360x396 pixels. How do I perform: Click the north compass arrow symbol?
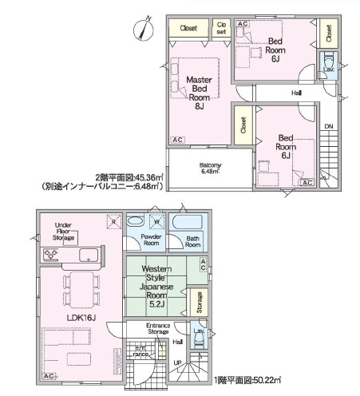point(144,28)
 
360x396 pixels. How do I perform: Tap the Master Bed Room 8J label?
point(197,92)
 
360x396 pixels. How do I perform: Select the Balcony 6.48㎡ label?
point(210,168)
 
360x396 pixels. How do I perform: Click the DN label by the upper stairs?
point(327,125)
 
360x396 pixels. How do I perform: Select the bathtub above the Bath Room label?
point(188,221)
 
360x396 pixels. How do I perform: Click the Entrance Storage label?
point(159,329)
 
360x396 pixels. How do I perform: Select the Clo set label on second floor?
point(221,28)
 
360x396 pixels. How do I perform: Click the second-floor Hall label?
point(295,93)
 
